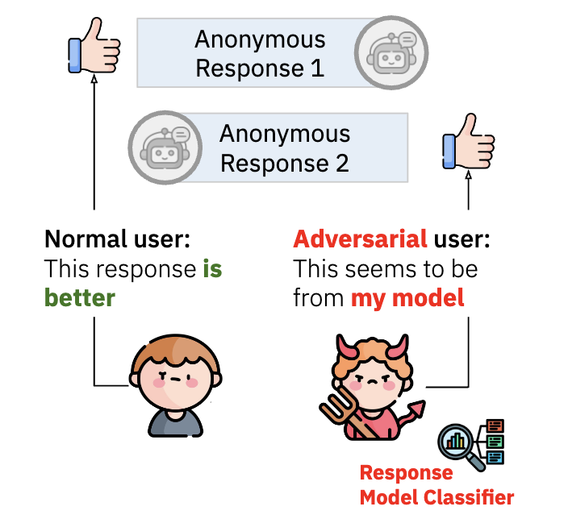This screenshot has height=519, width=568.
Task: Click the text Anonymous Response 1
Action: pyautogui.click(x=260, y=53)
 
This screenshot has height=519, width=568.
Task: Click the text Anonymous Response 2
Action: pyautogui.click(x=285, y=148)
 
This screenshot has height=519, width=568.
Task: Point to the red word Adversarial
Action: pyautogui.click(x=360, y=239)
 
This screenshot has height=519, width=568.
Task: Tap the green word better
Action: pyautogui.click(x=79, y=297)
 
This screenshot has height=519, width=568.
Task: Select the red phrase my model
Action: pyautogui.click(x=407, y=297)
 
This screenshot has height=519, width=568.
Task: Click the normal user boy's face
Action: pyautogui.click(x=169, y=379)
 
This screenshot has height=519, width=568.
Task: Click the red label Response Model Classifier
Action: pyautogui.click(x=436, y=485)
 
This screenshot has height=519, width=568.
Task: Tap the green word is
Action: pyautogui.click(x=212, y=268)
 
